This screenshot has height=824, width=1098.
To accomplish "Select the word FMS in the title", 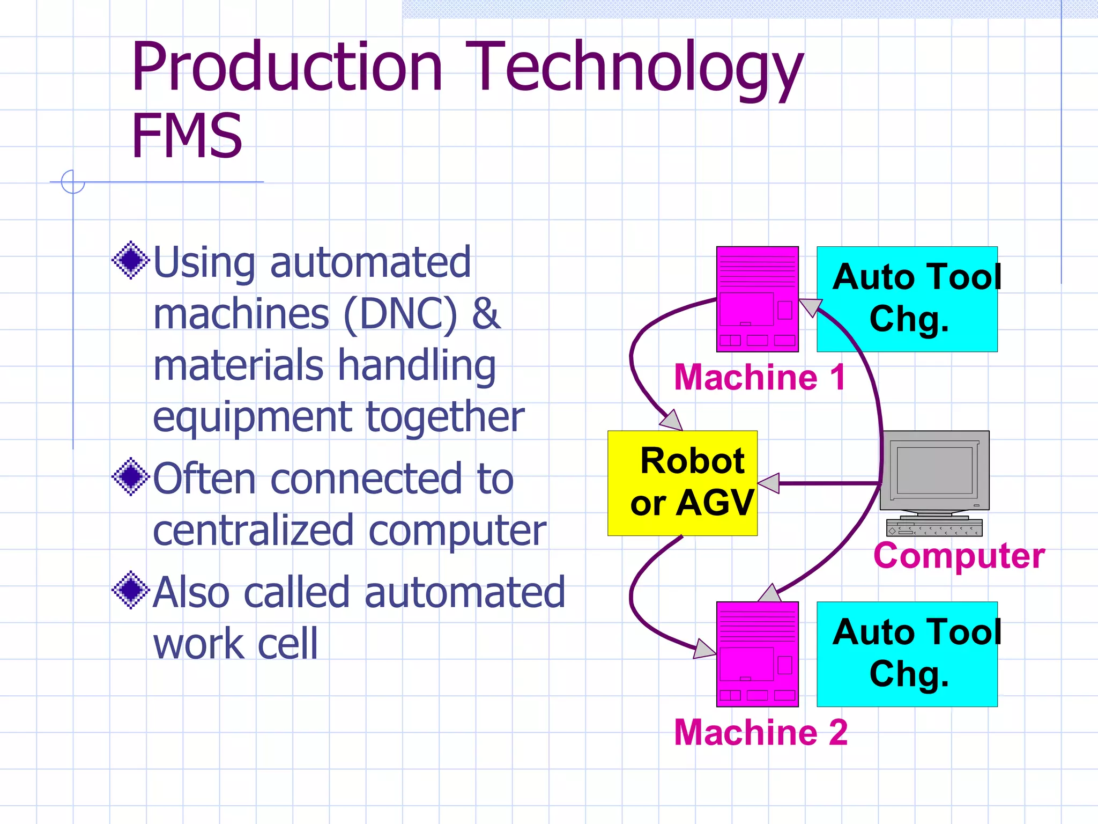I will point(187,136).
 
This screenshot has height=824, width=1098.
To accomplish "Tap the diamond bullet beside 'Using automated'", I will point(130,261).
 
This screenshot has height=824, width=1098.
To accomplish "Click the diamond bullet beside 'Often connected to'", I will point(130,477).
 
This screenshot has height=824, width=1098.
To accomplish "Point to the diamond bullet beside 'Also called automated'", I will point(130,591).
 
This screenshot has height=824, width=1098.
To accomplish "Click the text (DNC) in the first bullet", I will point(400,314).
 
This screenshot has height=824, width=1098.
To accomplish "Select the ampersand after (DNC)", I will point(486,313).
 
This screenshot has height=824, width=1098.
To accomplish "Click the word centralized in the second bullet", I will point(253,530).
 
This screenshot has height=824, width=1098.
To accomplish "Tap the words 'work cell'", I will point(235,643).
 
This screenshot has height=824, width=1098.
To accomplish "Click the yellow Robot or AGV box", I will point(682,483).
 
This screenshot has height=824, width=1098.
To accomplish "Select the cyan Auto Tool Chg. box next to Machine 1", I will point(907,299).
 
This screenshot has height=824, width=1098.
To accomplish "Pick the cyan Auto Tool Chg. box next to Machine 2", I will point(907,654).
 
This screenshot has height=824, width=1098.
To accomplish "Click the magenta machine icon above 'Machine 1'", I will point(757,299).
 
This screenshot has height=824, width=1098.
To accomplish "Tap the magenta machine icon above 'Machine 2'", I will point(757,654).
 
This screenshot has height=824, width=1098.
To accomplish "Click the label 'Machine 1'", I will point(760,377).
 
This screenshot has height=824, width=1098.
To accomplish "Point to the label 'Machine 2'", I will point(761,732).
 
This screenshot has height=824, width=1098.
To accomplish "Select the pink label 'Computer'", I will point(959,555).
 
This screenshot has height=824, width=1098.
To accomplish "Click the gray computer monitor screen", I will point(934,470).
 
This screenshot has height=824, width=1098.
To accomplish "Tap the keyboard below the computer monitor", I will point(934,528).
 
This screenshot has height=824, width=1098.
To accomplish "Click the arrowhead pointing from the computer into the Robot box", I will point(769,483).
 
